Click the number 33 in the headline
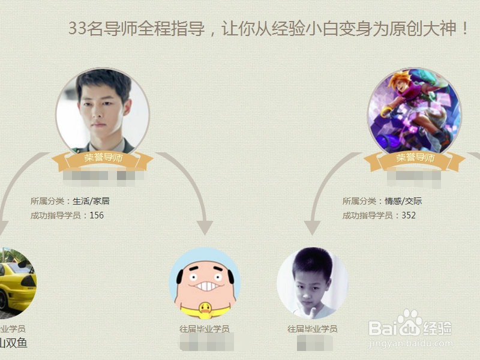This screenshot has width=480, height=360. [x=77, y=28]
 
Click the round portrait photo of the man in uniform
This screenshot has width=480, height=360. [x=103, y=112]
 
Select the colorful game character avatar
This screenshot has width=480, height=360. [x=415, y=112]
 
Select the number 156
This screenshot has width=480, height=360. [x=97, y=215]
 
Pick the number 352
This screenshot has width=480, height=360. [x=409, y=215]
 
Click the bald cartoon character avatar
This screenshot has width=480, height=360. [x=205, y=282]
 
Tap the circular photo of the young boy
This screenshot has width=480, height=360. [x=313, y=282]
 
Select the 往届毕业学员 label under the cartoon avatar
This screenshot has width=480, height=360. [x=205, y=329]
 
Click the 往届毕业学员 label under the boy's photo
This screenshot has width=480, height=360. [x=313, y=329]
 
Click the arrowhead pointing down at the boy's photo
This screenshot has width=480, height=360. [x=312, y=229]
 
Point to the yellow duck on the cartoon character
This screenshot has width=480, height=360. [x=205, y=310]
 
